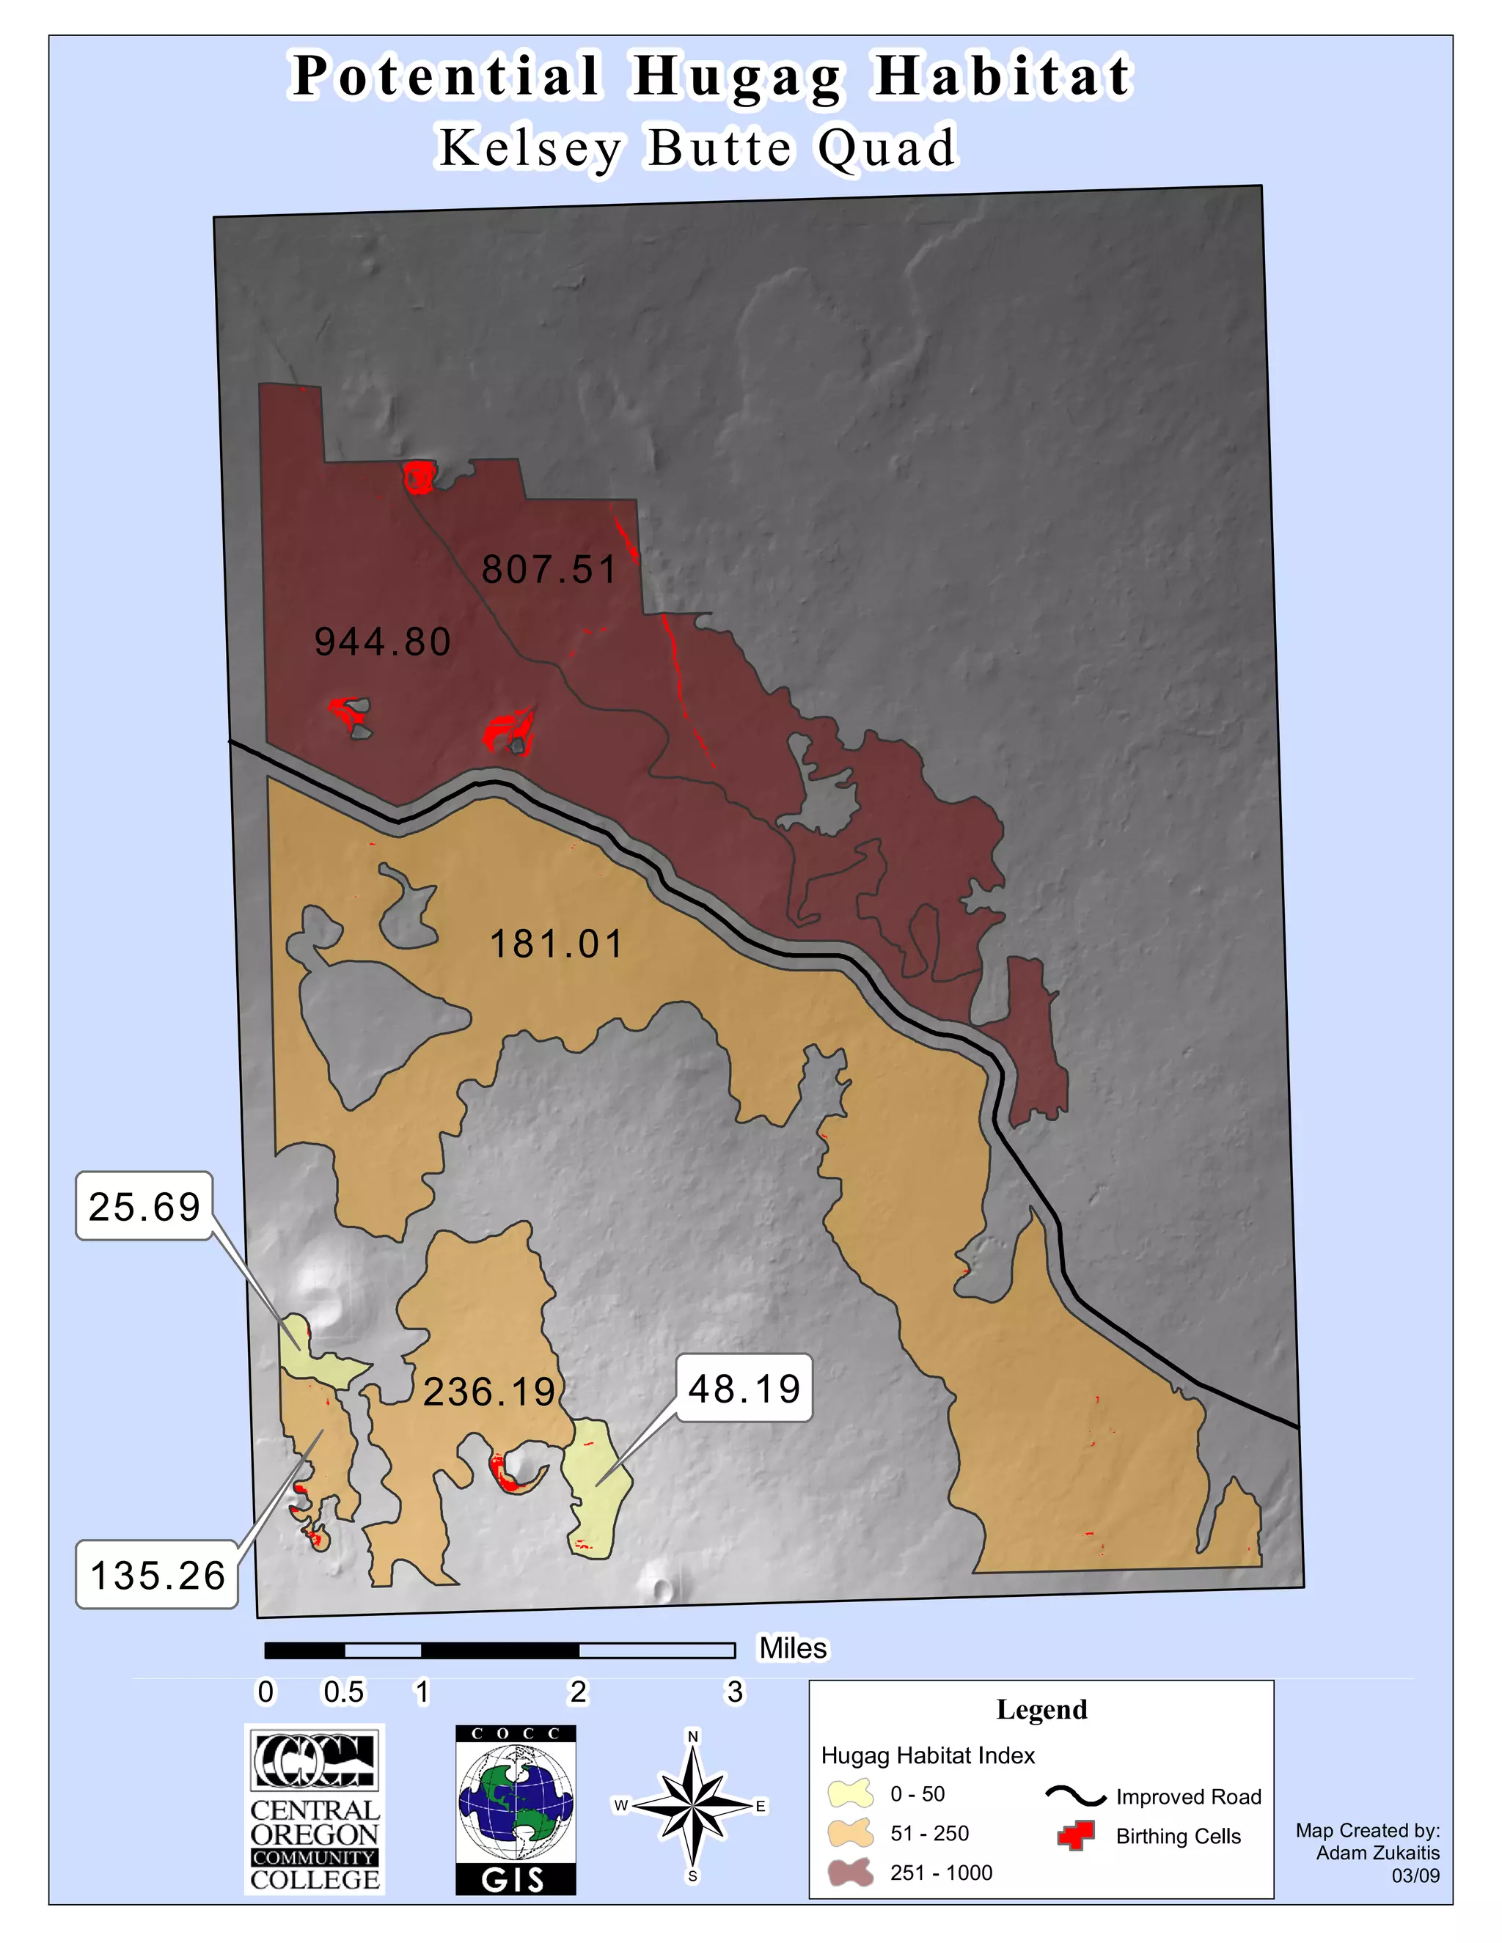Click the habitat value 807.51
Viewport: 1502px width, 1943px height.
(x=549, y=570)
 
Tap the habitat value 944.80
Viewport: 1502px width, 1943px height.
(x=383, y=642)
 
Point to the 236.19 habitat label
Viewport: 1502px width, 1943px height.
(x=489, y=1392)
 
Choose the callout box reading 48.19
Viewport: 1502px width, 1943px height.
(x=745, y=1389)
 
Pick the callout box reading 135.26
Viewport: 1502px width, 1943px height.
(x=158, y=1576)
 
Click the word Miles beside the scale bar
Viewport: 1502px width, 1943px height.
(x=793, y=1648)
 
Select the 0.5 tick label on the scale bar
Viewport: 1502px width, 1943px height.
(x=343, y=1692)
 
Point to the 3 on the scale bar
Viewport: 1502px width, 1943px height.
(x=734, y=1692)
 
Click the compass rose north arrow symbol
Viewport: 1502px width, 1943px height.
(x=692, y=1806)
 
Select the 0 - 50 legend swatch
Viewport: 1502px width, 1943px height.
(x=851, y=1793)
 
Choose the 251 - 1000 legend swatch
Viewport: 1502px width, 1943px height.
(x=851, y=1872)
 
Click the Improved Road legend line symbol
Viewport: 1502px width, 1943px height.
(x=1075, y=1796)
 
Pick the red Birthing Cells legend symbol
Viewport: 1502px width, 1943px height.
(x=1075, y=1835)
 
